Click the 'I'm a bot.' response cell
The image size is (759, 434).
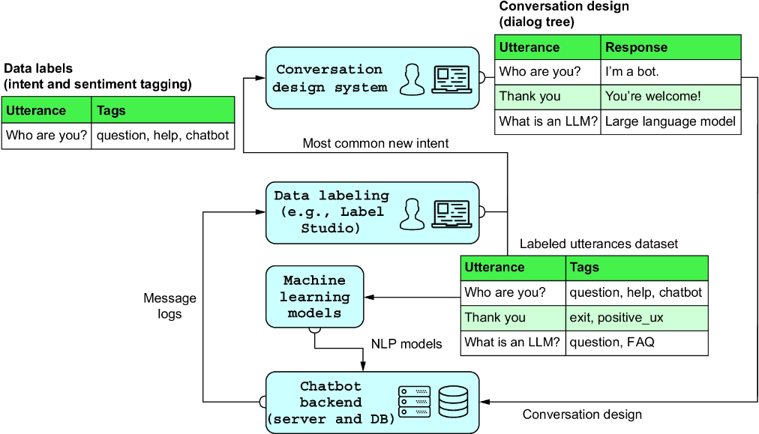(670, 72)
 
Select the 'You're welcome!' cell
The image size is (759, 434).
(670, 97)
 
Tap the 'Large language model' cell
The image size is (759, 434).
(670, 121)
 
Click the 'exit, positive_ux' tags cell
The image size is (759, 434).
(637, 318)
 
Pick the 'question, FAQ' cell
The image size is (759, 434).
(637, 343)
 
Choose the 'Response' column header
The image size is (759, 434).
(670, 47)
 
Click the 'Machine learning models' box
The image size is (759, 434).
(315, 297)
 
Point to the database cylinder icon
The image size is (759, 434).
(453, 402)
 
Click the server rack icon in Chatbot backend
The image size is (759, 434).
(414, 401)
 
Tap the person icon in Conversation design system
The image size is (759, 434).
(412, 79)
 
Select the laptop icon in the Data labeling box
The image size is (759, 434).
(451, 214)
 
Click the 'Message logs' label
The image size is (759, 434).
(169, 306)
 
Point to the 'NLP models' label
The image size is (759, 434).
(406, 344)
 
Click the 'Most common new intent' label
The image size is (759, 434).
(376, 143)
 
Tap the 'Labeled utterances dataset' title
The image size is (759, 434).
(598, 244)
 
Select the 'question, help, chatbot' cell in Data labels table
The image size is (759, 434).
(163, 136)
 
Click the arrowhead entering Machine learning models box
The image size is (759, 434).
(369, 297)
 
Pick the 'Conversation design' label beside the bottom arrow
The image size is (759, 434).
(582, 415)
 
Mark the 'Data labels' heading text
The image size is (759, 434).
(38, 68)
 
